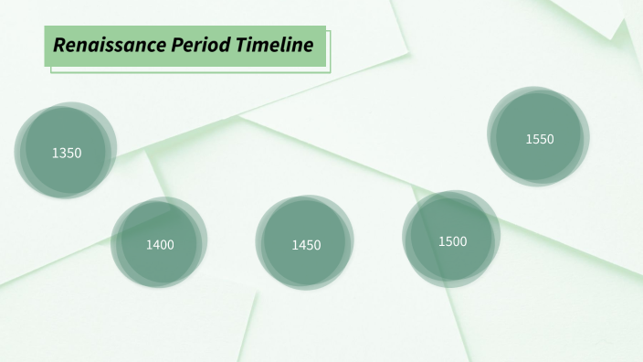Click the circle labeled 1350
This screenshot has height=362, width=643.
[x=66, y=151]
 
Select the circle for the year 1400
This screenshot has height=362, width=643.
[x=159, y=243]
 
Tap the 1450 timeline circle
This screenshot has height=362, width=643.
[x=305, y=243]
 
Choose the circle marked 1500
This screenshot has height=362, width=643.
[x=451, y=240]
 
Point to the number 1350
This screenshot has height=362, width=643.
[x=67, y=153]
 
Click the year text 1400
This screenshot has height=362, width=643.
[x=160, y=245]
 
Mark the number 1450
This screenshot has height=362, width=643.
[x=306, y=245]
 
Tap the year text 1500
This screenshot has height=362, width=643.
[x=452, y=241]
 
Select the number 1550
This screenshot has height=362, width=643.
[x=540, y=139]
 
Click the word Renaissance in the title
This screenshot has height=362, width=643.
[x=109, y=45]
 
